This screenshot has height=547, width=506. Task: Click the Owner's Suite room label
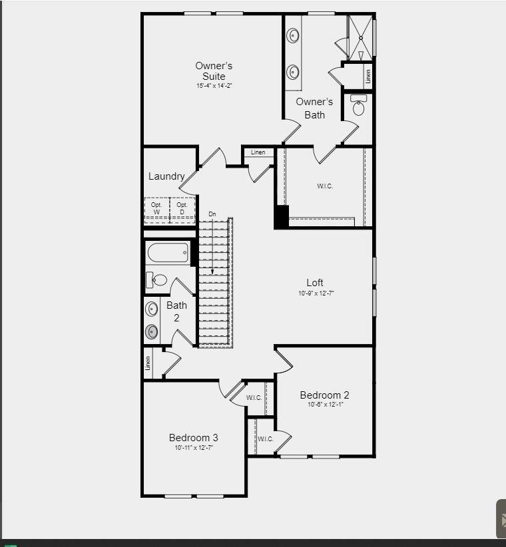coord(214,71)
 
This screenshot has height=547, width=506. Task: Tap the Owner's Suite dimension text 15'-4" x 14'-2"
coord(214,86)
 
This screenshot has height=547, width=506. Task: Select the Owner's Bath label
coord(314,108)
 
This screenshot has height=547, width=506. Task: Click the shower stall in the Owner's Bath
coord(360,37)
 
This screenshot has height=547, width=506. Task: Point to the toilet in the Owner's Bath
coord(359,106)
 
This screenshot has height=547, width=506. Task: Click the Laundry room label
coord(166,176)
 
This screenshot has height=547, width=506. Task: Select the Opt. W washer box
coord(157,209)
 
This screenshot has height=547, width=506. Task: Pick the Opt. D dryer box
coord(182,209)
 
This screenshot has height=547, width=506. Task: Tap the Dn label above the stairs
coord(212,214)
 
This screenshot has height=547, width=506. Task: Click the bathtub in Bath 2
coord(168,253)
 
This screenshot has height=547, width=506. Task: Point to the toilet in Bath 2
coord(156,279)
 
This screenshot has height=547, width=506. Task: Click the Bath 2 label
coord(176,311)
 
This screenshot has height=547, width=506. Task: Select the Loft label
coord(315,283)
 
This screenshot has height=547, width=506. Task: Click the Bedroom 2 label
coord(324,395)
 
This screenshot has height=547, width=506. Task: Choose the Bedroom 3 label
coord(193,437)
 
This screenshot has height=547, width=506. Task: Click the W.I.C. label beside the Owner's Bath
coord(325,186)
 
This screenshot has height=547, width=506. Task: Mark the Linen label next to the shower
coord(368,76)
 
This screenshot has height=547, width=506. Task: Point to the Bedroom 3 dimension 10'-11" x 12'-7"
coord(193,448)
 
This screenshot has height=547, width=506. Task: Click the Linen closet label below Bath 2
coord(148,363)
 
